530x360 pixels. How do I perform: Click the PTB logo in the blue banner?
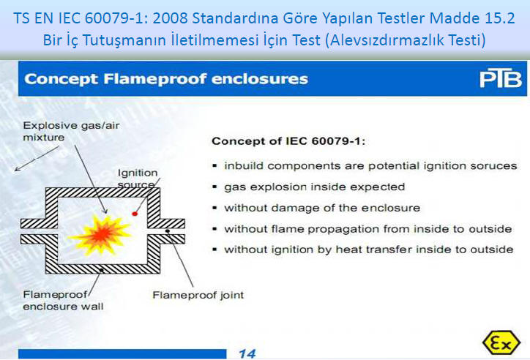pyautogui.click(x=501, y=78)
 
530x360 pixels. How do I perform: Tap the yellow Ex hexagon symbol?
pyautogui.click(x=501, y=342)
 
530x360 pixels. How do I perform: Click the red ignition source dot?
pyautogui.click(x=135, y=214)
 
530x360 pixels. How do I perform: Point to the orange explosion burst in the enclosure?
pyautogui.click(x=100, y=234)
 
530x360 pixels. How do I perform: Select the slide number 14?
pyautogui.click(x=247, y=353)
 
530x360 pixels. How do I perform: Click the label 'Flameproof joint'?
pyautogui.click(x=198, y=295)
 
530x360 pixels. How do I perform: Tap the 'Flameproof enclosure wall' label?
pyautogui.click(x=63, y=300)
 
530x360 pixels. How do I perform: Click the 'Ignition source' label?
pyautogui.click(x=138, y=179)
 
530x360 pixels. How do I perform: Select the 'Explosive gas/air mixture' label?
pyautogui.click(x=71, y=132)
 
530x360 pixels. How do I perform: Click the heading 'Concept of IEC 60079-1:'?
pyautogui.click(x=288, y=140)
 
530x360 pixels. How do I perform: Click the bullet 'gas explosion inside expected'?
pyautogui.click(x=314, y=187)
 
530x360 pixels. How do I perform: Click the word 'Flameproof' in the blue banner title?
pyautogui.click(x=154, y=79)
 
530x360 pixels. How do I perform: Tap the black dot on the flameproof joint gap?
pyautogui.click(x=168, y=231)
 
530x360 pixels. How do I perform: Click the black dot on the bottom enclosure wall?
pyautogui.click(x=102, y=270)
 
